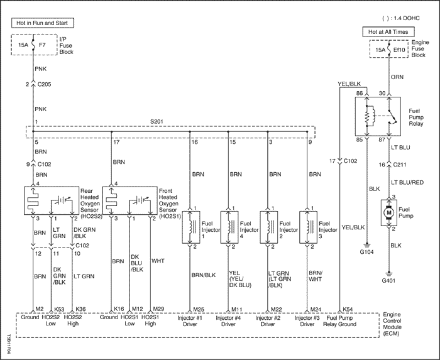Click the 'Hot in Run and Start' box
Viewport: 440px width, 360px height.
coord(43,23)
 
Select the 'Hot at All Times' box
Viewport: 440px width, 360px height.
coord(388,31)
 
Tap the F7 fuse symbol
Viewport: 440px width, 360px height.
coord(33,45)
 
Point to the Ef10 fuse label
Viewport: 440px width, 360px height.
coord(399,50)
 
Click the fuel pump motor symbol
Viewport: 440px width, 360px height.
coord(388,212)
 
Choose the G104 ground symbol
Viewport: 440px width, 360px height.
coord(366,244)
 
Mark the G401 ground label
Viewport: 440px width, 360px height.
coord(388,280)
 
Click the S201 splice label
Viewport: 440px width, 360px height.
coord(157,122)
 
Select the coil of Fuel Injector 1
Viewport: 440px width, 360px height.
coord(191,227)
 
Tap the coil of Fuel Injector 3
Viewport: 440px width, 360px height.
coord(309,227)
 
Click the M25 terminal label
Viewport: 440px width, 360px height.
coord(199,310)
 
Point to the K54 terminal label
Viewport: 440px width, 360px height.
coord(348,310)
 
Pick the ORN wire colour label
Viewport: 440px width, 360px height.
coord(397,77)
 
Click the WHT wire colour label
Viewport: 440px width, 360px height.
coord(158,261)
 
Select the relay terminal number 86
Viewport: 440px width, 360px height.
coord(360,93)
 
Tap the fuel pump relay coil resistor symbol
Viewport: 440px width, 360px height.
coord(366,117)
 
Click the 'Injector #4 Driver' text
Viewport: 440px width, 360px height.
coord(228,321)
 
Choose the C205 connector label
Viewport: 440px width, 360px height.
coord(45,84)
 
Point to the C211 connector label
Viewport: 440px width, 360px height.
coord(400,165)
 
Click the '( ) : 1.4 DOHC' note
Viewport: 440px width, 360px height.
coord(401,18)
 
